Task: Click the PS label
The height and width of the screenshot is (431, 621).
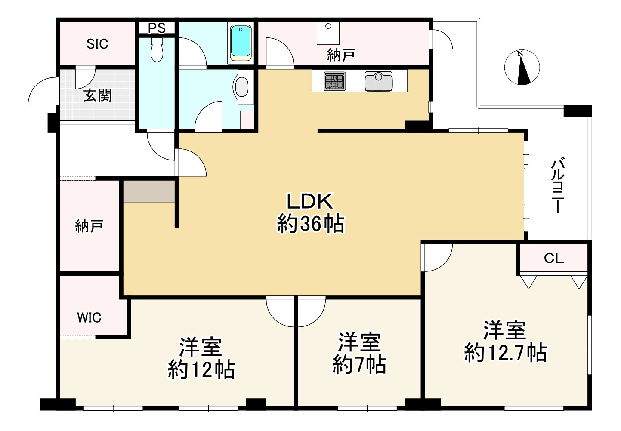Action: click(x=157, y=28)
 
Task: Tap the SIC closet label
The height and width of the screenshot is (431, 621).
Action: click(x=97, y=44)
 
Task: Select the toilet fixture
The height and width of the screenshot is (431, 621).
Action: click(x=157, y=49)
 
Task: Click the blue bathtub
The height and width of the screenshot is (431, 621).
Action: click(x=241, y=43)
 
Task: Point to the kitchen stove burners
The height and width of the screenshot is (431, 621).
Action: click(x=335, y=81)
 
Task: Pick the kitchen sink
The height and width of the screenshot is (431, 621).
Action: click(x=378, y=81)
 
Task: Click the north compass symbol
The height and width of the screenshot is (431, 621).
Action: click(x=522, y=68)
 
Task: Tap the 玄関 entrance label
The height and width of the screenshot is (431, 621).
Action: click(x=98, y=95)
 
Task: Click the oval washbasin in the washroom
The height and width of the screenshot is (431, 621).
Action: click(x=242, y=86)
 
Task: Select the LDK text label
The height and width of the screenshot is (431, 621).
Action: click(x=310, y=201)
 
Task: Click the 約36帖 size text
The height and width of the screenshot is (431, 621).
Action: click(x=311, y=224)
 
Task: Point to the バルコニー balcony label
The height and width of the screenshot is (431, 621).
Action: click(x=558, y=185)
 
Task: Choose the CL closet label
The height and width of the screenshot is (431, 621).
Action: click(x=554, y=259)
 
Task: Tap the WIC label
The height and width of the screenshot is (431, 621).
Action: click(x=89, y=317)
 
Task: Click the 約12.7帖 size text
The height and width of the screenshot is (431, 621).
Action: click(x=506, y=353)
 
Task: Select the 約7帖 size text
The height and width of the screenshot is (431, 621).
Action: click(x=359, y=364)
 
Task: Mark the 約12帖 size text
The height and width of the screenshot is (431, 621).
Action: click(x=201, y=369)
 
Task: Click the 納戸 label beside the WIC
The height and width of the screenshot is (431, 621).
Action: click(x=89, y=226)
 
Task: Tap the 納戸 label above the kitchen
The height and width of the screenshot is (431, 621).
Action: click(x=341, y=55)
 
